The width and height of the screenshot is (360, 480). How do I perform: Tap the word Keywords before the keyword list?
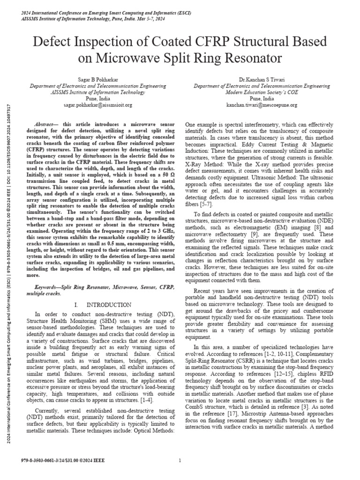point(50,286)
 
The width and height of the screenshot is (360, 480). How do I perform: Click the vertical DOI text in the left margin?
point(4,141)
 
